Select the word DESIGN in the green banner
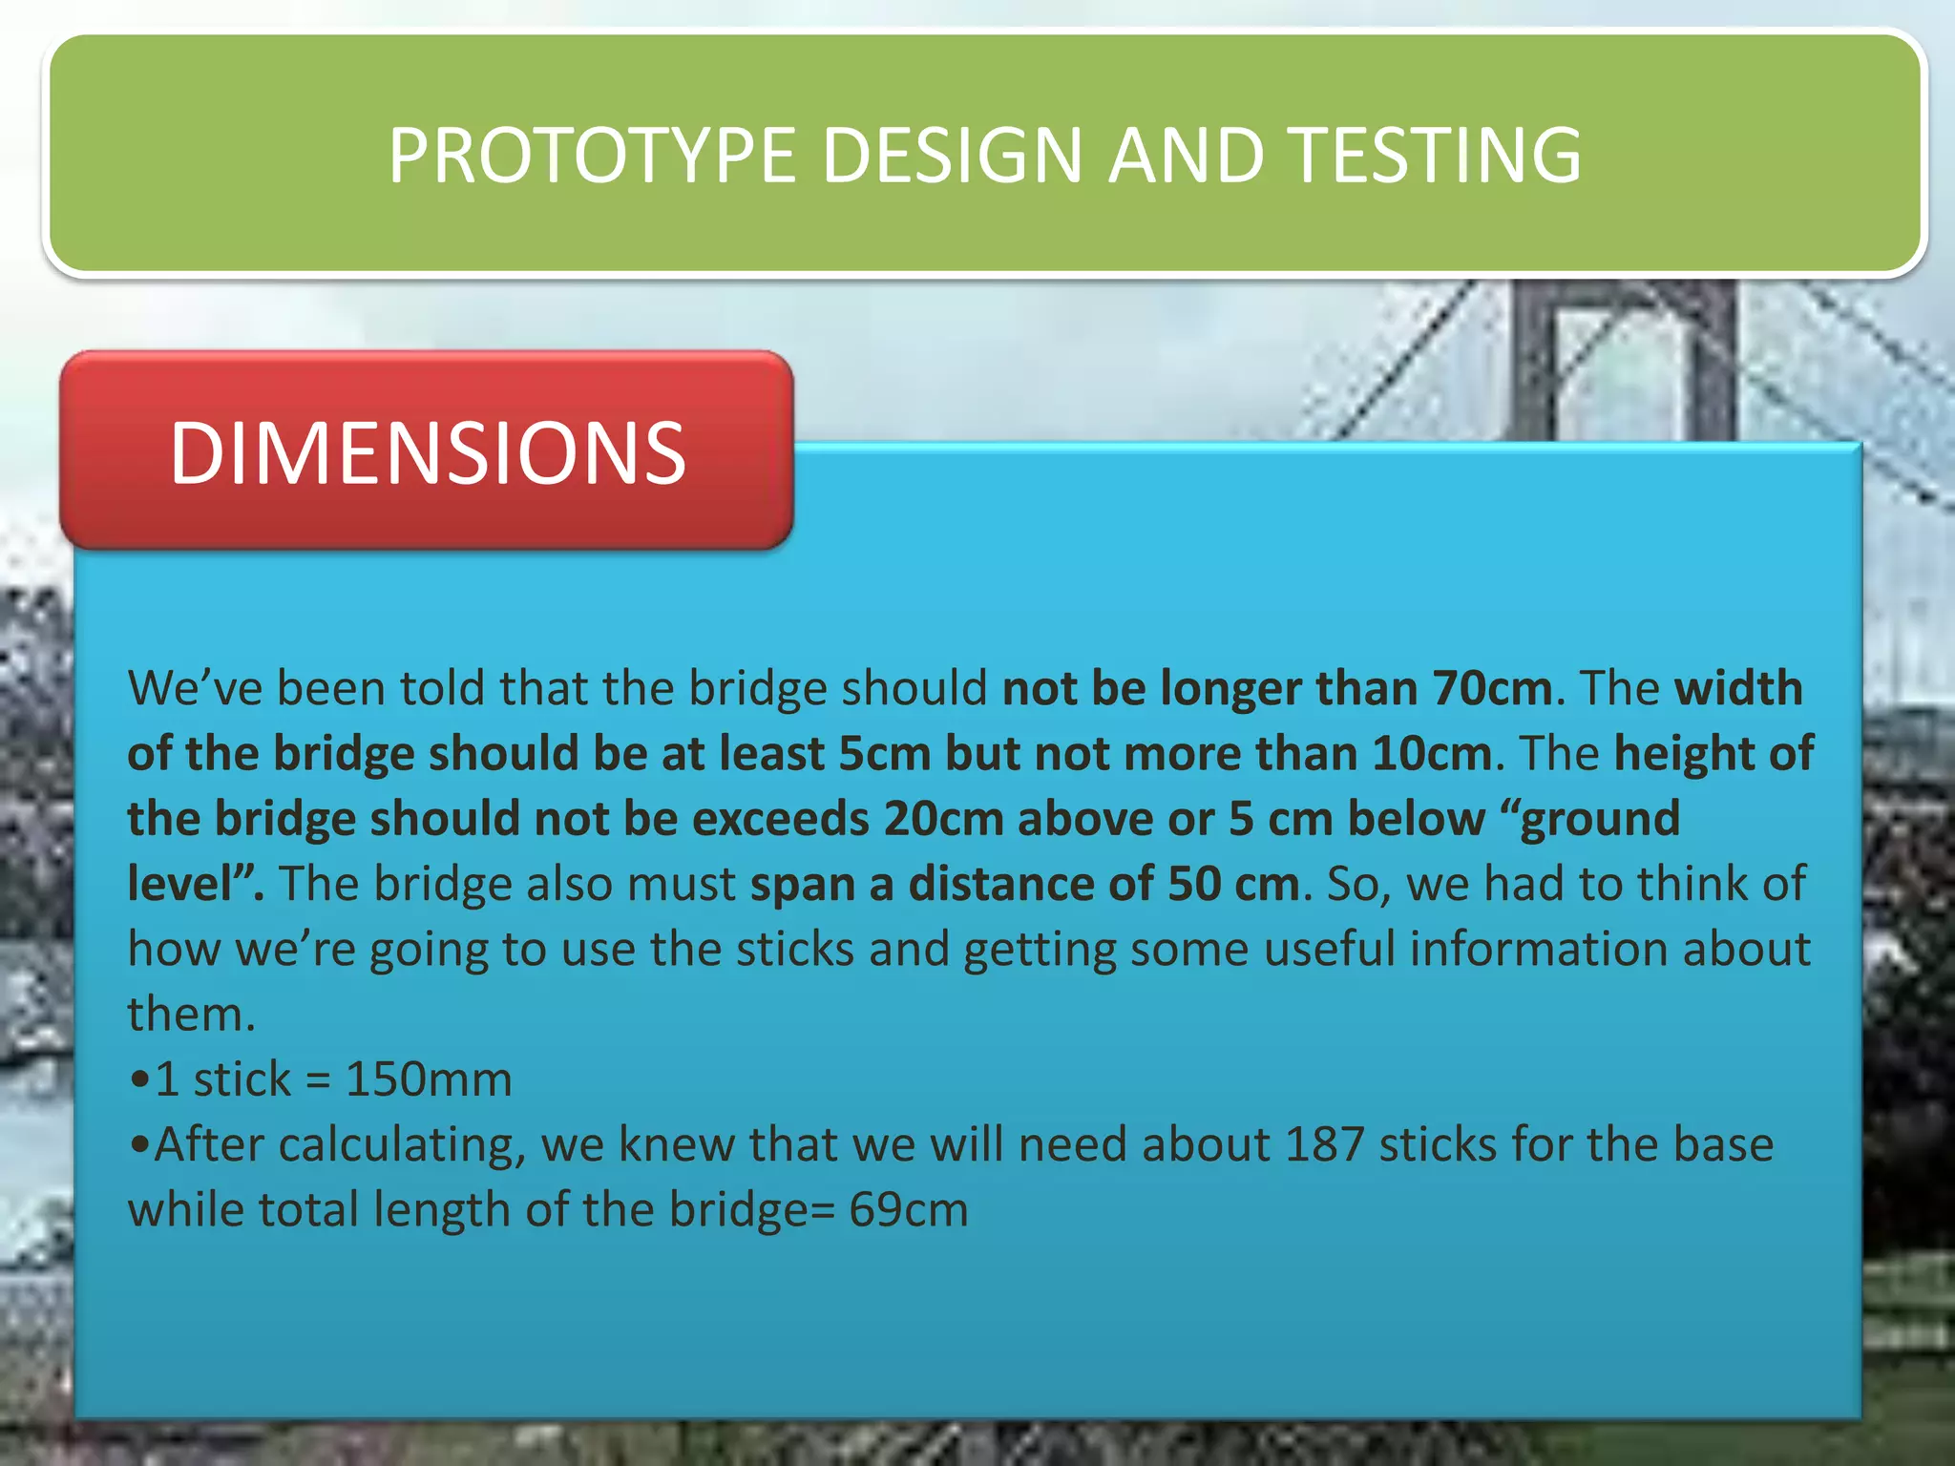[951, 156]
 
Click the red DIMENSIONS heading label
[427, 452]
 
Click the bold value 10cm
[1432, 754]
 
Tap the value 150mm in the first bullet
[429, 1079]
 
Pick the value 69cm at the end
[909, 1210]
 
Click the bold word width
[1739, 688]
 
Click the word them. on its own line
[192, 1015]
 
